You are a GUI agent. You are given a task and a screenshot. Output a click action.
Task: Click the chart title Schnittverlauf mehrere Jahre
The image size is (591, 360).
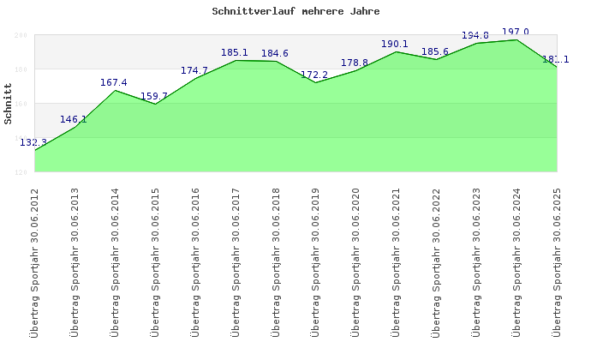click(295, 12)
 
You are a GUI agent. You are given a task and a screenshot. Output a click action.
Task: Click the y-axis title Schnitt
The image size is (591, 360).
click(9, 104)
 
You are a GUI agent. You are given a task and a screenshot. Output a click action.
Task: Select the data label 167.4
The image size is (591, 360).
click(114, 83)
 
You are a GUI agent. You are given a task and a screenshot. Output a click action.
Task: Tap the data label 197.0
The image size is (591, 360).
click(515, 33)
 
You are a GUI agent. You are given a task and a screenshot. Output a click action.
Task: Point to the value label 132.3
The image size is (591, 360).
click(33, 142)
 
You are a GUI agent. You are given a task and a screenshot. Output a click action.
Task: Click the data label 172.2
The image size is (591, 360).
click(314, 75)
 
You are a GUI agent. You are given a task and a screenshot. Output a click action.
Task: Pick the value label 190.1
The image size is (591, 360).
click(395, 45)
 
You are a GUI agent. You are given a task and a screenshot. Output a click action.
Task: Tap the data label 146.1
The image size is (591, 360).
click(74, 120)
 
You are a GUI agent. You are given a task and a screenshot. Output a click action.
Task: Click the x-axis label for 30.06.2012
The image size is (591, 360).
click(34, 261)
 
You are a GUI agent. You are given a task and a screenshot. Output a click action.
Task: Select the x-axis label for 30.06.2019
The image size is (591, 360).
click(315, 261)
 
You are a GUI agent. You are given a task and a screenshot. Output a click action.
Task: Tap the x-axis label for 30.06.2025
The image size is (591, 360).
click(557, 261)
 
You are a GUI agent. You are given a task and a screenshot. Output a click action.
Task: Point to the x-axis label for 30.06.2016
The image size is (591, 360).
click(194, 261)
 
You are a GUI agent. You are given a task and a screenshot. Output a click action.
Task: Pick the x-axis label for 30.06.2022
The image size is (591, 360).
click(436, 261)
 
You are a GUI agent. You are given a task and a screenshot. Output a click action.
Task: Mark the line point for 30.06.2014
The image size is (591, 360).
click(115, 90)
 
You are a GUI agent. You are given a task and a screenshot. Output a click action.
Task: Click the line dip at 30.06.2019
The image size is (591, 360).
click(315, 82)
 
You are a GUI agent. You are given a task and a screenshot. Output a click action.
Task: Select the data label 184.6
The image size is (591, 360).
click(274, 54)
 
